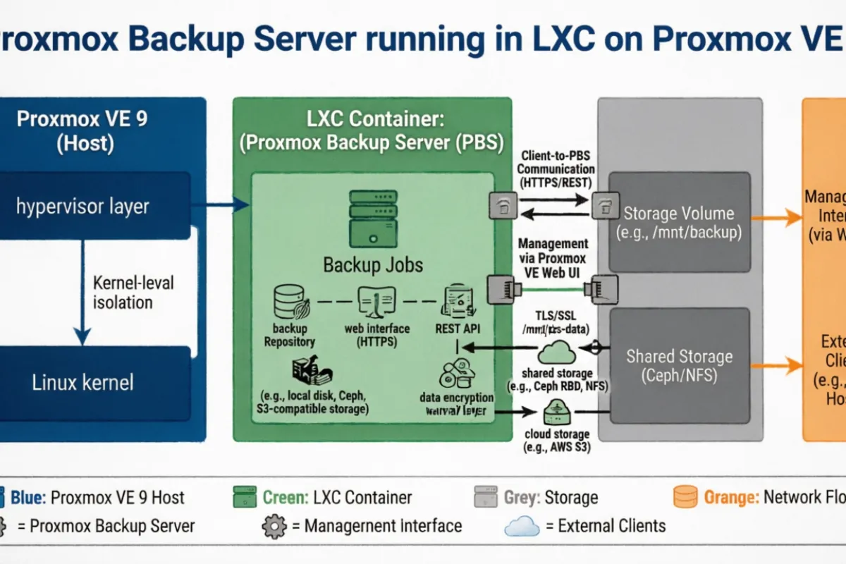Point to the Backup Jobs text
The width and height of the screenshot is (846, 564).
pyautogui.click(x=373, y=265)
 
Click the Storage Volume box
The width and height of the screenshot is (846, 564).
pyautogui.click(x=679, y=222)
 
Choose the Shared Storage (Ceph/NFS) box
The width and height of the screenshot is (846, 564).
pyautogui.click(x=679, y=365)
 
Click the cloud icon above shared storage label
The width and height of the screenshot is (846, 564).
pyautogui.click(x=556, y=350)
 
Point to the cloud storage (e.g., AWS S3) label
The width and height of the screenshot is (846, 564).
pyautogui.click(x=557, y=441)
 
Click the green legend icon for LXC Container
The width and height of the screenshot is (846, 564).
pyautogui.click(x=245, y=497)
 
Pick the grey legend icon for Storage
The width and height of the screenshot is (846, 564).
pyautogui.click(x=486, y=497)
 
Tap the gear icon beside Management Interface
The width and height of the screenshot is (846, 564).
pyautogui.click(x=274, y=527)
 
